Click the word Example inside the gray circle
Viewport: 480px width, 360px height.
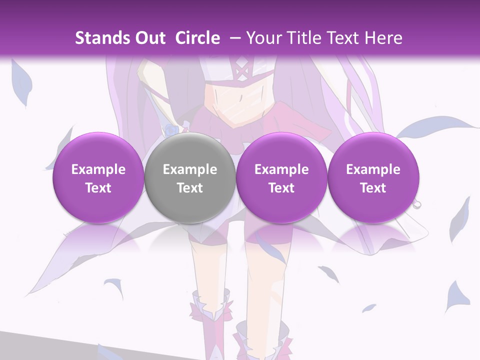[190, 169]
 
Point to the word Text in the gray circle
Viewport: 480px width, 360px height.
[190, 188]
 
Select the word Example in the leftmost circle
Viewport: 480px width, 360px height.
[98, 169]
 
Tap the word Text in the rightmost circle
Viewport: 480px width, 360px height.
[373, 188]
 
